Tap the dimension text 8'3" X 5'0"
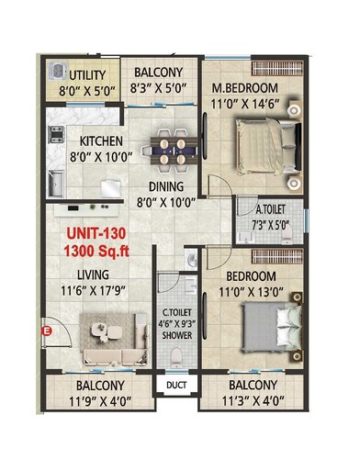(159, 90)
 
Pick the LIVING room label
(93, 275)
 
